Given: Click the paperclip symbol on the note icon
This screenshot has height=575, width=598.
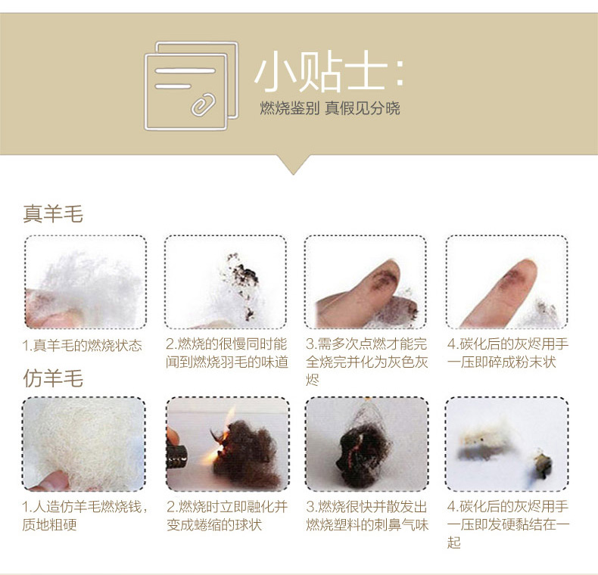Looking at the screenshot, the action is coord(204,104).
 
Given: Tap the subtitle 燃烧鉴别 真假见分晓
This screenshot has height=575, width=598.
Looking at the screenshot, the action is coord(330,108).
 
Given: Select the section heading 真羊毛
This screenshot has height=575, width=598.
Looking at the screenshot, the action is coord(53,213).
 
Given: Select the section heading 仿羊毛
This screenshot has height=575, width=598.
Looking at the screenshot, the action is coord(53,378).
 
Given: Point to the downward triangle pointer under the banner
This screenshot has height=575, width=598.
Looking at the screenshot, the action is coord(293,165).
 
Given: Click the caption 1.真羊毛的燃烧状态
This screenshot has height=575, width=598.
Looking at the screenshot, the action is coord(82,346).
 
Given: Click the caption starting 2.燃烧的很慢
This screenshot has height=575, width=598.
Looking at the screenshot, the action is coord(227,353).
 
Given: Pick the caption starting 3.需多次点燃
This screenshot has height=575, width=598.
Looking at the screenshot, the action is coord(366,362).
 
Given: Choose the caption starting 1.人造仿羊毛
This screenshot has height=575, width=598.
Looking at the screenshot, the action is coord(85,515).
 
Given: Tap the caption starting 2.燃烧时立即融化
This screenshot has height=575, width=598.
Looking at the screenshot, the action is coord(227,515).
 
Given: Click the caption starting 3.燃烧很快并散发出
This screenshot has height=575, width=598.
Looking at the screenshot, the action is coord(367,515).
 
